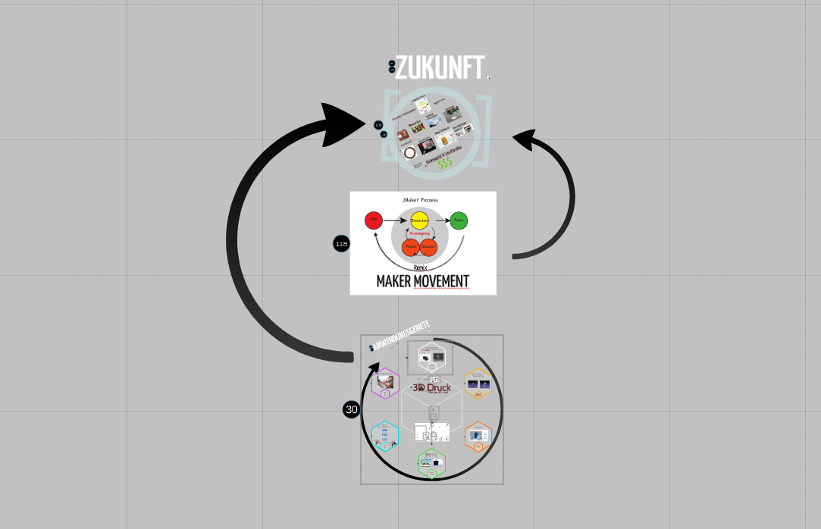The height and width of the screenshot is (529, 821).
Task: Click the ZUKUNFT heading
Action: pos(439,68)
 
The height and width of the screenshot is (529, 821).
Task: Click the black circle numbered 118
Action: pos(341,244)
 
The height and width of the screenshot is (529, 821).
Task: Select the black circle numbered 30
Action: pos(351,410)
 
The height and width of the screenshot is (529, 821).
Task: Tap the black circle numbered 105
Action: pos(378,125)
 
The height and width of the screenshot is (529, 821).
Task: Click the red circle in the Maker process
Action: pos(372,221)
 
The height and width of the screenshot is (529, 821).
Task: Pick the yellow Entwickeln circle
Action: pos(419,221)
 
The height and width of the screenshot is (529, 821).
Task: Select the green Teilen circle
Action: pos(459,221)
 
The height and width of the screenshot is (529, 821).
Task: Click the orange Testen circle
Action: pos(411,247)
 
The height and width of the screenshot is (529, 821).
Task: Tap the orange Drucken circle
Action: pos(428,247)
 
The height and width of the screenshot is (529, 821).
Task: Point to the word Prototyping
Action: pos(419,234)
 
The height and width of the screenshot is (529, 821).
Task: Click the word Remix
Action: pos(420,268)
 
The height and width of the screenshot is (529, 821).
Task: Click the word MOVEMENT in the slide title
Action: pos(441,282)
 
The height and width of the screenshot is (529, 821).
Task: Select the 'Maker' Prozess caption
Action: pos(420,200)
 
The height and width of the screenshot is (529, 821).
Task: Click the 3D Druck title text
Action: pos(431,388)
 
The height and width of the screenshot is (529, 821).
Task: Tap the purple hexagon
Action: pos(385,383)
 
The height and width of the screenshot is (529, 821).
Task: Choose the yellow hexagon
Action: pos(478,383)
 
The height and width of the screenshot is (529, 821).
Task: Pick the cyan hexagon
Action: pos(385,436)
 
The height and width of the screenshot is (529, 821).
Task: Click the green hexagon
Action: pos(431,463)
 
